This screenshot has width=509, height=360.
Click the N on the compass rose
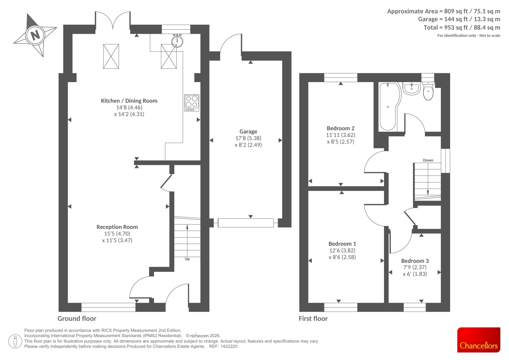coord(35,35)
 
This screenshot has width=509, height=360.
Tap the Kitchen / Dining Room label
coord(129,101)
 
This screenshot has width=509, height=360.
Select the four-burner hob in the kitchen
coord(192,103)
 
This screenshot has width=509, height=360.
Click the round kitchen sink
coord(177,41)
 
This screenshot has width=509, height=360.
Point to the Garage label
coord(248,131)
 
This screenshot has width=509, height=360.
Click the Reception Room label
coord(117,227)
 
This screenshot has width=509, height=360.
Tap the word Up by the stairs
coord(187,259)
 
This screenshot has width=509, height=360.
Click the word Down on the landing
coord(428,160)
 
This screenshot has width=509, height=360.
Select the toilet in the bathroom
coord(428,91)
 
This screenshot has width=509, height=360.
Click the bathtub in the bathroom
coord(389,107)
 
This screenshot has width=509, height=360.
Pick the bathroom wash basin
coord(412,88)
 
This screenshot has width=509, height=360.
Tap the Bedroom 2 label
coord(340,128)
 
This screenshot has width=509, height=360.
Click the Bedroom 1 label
coord(342,244)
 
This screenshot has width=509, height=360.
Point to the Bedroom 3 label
coord(415,261)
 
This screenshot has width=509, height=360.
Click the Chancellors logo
coord(479,340)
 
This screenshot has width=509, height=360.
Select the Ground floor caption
coord(77,319)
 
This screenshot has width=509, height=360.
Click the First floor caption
coord(313,319)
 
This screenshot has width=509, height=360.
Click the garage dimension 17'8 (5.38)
coord(248,138)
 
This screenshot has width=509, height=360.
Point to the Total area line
coord(462,27)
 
